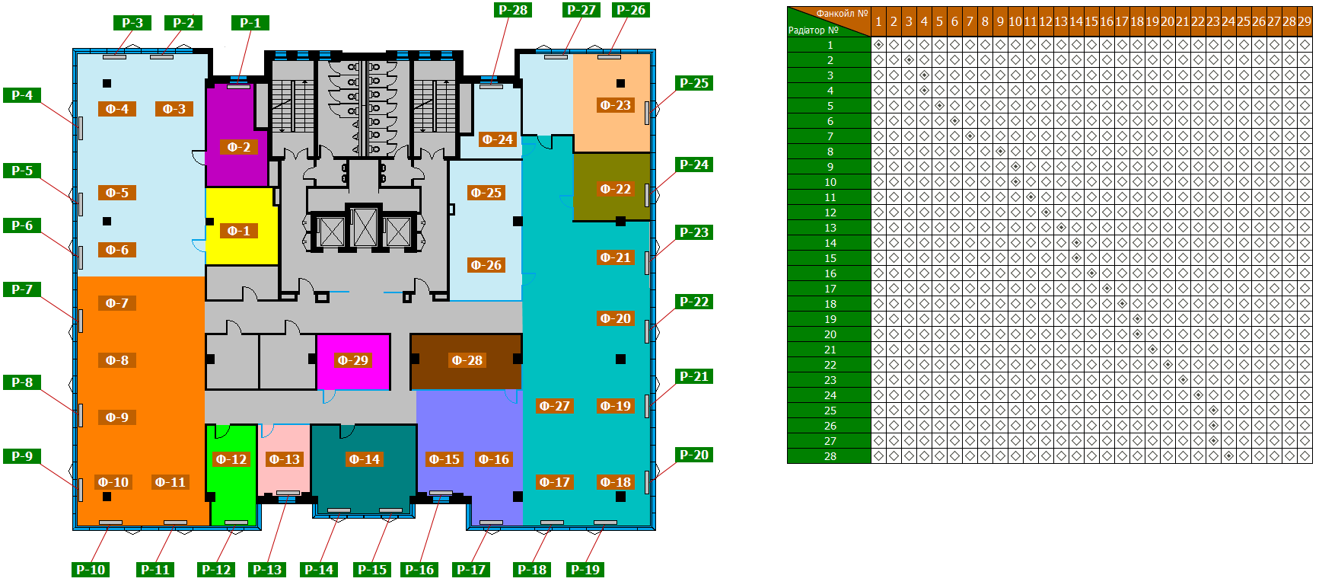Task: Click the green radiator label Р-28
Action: tap(513, 10)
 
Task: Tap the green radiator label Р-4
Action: tap(22, 95)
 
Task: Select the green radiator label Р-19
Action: tap(585, 569)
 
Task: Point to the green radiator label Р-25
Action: tap(693, 83)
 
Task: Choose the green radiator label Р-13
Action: tap(267, 569)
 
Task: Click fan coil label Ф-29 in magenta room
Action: tap(352, 360)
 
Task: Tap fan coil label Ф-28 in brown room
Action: tap(467, 360)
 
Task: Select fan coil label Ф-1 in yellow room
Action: tap(238, 231)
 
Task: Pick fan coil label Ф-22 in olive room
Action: tap(615, 189)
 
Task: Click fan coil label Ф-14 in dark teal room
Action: tap(364, 459)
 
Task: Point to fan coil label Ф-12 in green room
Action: tap(231, 459)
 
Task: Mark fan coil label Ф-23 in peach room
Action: tap(615, 105)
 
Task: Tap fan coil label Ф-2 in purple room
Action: tap(238, 147)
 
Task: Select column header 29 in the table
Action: tap(1304, 21)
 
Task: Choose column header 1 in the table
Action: tap(878, 21)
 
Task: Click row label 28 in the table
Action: tap(830, 456)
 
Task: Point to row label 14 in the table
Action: tap(830, 243)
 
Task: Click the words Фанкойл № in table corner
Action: tap(842, 13)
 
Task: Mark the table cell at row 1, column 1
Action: tap(878, 45)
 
